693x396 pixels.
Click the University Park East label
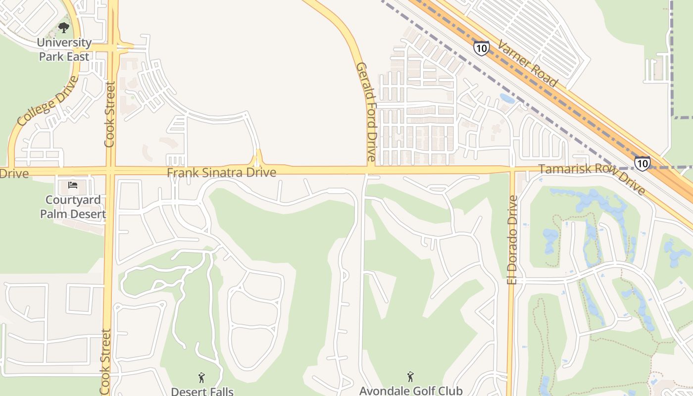(64, 49)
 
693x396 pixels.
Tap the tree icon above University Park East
(64, 27)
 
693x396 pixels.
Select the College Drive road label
(48, 101)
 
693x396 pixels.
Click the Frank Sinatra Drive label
(221, 172)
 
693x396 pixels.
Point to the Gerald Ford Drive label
(366, 112)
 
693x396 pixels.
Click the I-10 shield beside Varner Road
(481, 48)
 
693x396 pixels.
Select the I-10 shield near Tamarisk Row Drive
(642, 163)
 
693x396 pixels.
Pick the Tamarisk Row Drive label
(592, 178)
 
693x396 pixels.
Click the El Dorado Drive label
(512, 240)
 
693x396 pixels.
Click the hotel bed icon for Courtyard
(73, 186)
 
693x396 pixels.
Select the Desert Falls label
(202, 391)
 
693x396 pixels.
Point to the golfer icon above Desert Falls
(201, 378)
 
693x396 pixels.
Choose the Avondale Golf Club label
(410, 391)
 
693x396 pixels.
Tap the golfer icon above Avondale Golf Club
(410, 377)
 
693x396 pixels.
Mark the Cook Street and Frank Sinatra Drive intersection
(110, 172)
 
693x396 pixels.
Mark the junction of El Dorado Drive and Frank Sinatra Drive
(512, 171)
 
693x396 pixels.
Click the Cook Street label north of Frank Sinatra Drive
(109, 114)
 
